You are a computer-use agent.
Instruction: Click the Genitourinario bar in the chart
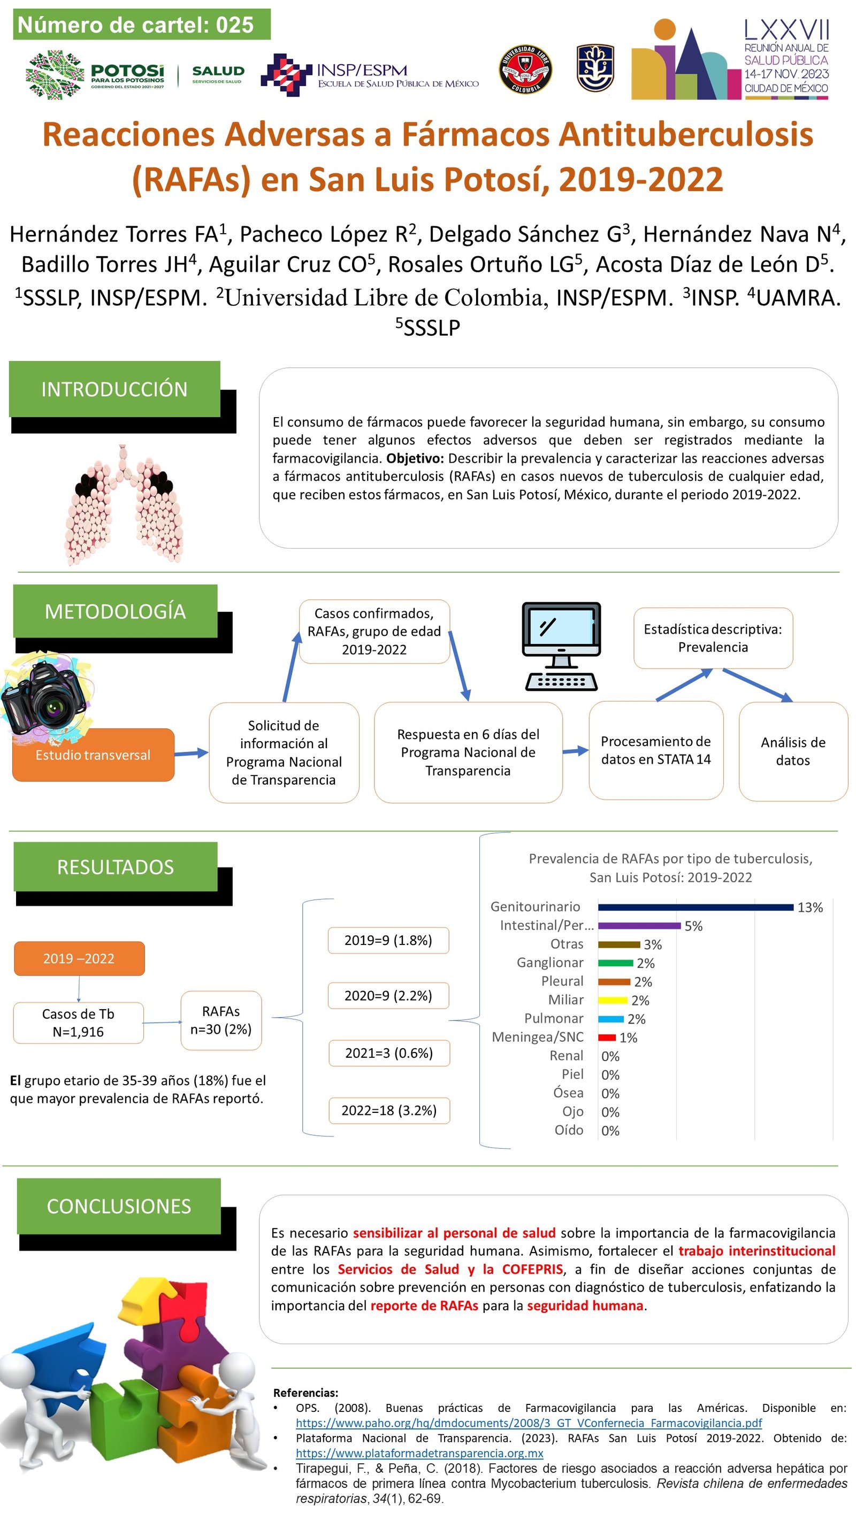click(x=695, y=908)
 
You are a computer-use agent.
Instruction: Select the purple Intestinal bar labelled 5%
click(x=639, y=926)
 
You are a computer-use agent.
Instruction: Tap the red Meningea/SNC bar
click(x=607, y=1038)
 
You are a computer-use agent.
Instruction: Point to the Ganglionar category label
click(x=550, y=963)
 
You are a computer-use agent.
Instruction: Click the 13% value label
click(x=810, y=908)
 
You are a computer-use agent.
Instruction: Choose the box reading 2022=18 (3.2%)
click(x=389, y=1110)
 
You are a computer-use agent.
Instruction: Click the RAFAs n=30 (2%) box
click(x=221, y=1020)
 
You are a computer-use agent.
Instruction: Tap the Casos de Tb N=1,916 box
click(x=78, y=1023)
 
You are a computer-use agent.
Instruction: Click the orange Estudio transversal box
click(x=93, y=755)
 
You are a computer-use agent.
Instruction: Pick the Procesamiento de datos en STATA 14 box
click(x=656, y=750)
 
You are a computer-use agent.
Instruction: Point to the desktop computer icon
click(x=561, y=646)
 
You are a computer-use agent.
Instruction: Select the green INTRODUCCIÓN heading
click(x=114, y=389)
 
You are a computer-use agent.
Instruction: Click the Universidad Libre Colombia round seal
click(x=525, y=70)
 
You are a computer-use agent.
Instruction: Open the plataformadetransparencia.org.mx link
click(x=419, y=1453)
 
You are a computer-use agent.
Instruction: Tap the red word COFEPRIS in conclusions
click(x=532, y=1270)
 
